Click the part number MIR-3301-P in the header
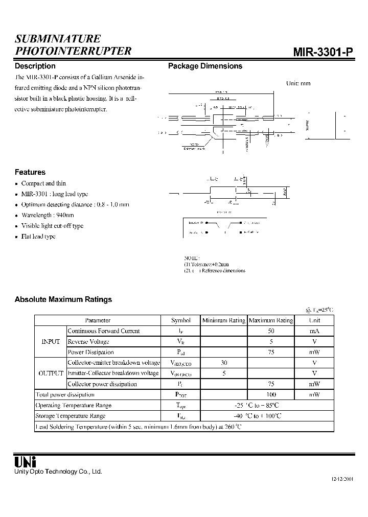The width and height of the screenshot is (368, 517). tap(323, 52)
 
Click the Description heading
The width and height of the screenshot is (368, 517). tap(35, 66)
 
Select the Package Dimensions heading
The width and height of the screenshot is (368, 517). tap(205, 66)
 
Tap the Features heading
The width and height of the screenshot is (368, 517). tap(30, 172)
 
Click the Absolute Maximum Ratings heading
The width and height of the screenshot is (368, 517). tap(63, 299)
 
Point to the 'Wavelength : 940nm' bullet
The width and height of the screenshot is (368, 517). tap(48, 215)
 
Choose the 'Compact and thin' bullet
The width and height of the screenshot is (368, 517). tap(43, 183)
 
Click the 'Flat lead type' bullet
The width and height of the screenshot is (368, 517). tap(38, 237)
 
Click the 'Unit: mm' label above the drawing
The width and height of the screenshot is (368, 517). tap(298, 83)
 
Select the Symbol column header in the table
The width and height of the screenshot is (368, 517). tap(181, 320)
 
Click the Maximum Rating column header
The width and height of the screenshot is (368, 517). tap(271, 320)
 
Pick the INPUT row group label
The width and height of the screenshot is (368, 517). tap(51, 341)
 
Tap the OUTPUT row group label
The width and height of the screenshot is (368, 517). tap(51, 373)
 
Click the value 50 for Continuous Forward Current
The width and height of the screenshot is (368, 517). tap(271, 331)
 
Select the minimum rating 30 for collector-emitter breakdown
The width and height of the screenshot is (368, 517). tap(223, 363)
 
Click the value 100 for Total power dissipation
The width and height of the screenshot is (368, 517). tap(271, 394)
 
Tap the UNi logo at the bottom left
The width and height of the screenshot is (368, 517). tap(25, 462)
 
